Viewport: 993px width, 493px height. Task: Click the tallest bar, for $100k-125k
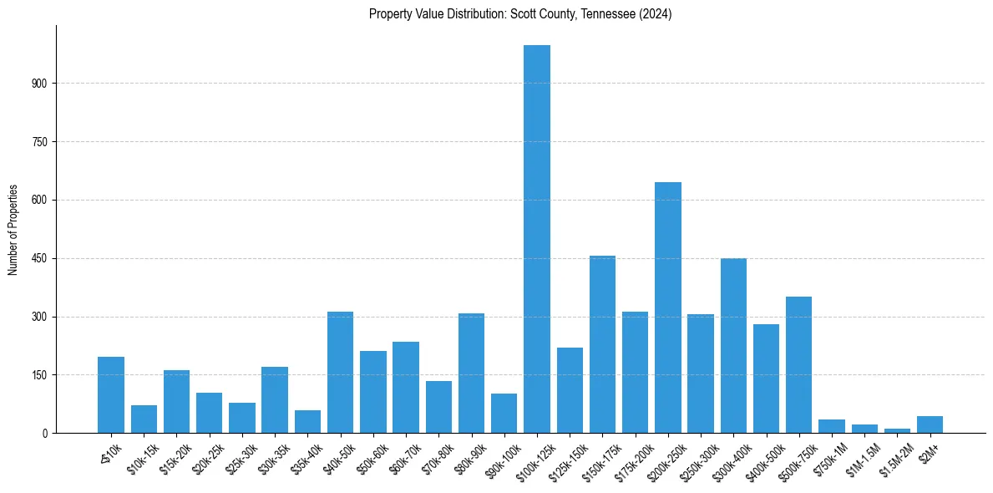pyautogui.click(x=537, y=239)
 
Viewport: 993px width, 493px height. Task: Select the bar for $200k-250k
pyautogui.click(x=668, y=307)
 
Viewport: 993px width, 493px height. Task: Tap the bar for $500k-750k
pyautogui.click(x=798, y=364)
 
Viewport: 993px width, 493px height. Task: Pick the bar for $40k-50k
pyautogui.click(x=340, y=372)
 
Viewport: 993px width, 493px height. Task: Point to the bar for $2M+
pyautogui.click(x=930, y=424)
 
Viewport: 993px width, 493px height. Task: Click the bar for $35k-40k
pyautogui.click(x=307, y=422)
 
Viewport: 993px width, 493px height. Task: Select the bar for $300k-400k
pyautogui.click(x=733, y=345)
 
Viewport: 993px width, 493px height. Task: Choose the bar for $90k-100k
pyautogui.click(x=504, y=414)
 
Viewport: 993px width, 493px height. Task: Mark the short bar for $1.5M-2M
pyautogui.click(x=897, y=430)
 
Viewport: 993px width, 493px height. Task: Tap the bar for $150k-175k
pyautogui.click(x=602, y=344)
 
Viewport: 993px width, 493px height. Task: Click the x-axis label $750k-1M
pyautogui.click(x=828, y=456)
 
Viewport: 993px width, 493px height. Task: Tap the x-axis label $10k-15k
pyautogui.click(x=141, y=456)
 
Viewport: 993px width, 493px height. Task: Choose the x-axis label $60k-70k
pyautogui.click(x=404, y=456)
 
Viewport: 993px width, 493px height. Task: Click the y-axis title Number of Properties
pyautogui.click(x=13, y=230)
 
